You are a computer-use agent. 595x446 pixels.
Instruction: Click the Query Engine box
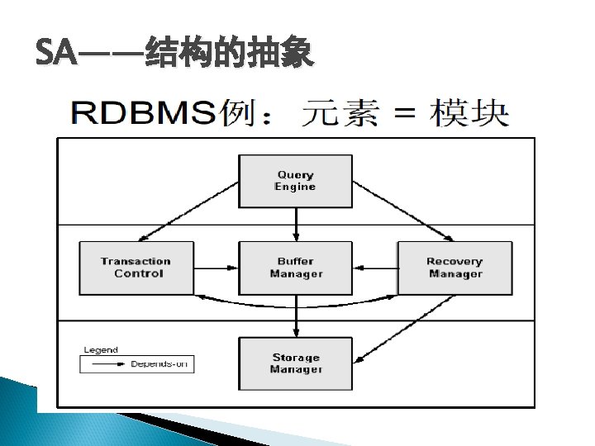295,181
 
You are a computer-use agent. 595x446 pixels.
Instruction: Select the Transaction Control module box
136,268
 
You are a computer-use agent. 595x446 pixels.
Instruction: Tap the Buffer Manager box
295,268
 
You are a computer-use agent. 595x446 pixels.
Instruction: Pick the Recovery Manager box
455,268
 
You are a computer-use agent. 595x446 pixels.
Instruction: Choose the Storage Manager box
295,363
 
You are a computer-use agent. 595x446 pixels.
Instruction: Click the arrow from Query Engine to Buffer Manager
296,224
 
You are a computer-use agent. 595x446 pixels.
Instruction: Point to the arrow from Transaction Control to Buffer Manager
216,267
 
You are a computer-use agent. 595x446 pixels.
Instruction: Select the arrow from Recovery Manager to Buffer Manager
375,267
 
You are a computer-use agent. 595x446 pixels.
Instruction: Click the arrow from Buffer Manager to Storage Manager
296,316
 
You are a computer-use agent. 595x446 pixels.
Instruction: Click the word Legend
101,349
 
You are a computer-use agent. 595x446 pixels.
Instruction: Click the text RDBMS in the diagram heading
145,113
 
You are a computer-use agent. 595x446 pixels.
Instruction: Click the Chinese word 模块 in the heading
469,113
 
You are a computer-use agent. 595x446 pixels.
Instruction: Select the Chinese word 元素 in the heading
340,113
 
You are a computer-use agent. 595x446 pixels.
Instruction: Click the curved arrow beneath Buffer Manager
296,302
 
